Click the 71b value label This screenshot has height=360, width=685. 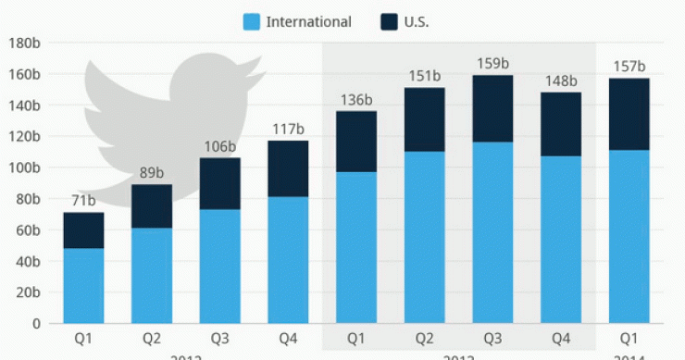point(83,201)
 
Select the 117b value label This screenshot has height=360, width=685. point(289,130)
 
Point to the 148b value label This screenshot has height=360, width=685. point(562,81)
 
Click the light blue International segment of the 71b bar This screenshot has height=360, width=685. point(83,285)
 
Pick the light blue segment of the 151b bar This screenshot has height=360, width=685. point(424,237)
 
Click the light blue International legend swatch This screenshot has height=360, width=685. point(249,21)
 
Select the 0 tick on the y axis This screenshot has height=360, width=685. point(37,323)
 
